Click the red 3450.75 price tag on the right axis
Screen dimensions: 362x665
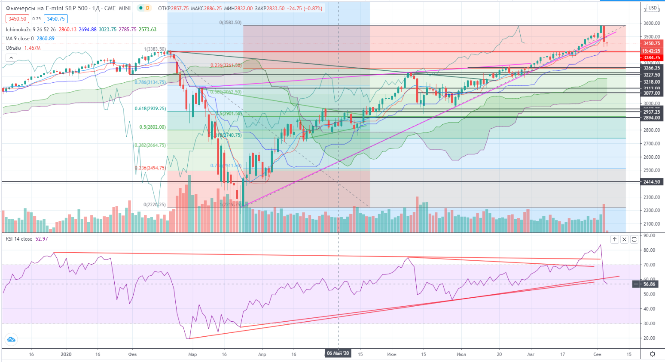click(x=652, y=43)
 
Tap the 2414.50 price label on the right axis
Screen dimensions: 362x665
click(x=652, y=182)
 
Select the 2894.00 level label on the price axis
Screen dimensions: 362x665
click(x=652, y=118)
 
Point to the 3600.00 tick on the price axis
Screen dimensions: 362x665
click(x=652, y=23)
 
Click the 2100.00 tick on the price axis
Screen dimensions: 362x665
click(x=652, y=224)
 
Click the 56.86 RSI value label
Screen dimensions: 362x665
click(x=650, y=284)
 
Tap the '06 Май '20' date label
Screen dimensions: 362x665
click(x=338, y=353)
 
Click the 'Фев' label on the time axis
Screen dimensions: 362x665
click(x=132, y=354)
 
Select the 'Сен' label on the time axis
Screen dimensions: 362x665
click(x=597, y=354)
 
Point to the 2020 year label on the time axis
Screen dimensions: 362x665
click(x=66, y=354)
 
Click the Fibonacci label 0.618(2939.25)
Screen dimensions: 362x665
click(x=150, y=109)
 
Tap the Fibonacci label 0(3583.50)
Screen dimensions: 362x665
click(x=230, y=22)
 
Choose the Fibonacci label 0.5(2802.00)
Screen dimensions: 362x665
click(x=153, y=127)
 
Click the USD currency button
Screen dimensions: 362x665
click(x=653, y=8)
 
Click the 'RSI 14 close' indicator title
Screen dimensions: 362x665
click(x=19, y=239)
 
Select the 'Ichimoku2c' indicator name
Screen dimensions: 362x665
click(x=18, y=30)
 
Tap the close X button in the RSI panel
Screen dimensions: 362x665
click(x=624, y=239)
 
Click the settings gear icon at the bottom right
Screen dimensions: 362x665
click(x=653, y=354)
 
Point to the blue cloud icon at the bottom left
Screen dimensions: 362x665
click(x=11, y=340)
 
